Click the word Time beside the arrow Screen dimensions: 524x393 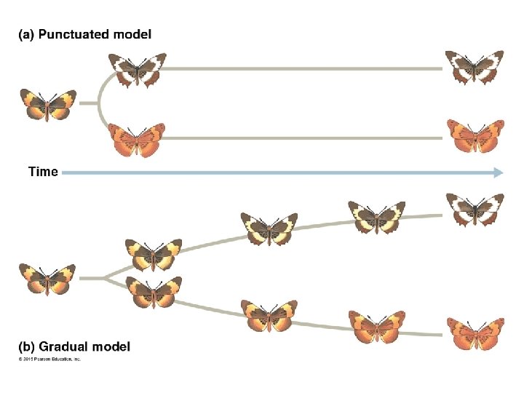coord(43,172)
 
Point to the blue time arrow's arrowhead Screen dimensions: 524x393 coord(498,172)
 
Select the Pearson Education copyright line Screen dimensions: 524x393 coord(49,359)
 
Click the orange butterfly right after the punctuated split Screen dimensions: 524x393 coord(137,140)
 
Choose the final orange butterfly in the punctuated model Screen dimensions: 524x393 coord(475,136)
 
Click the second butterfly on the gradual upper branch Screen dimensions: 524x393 coord(269,229)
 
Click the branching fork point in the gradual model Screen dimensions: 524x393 coord(106,277)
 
